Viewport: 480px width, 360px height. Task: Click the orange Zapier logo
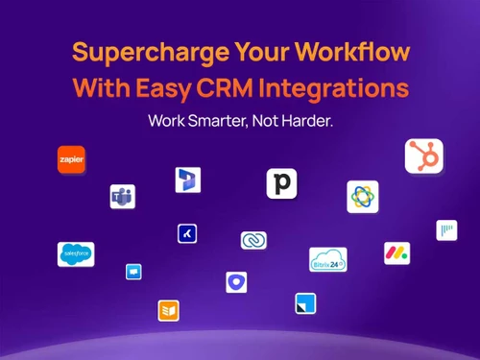pos(71,159)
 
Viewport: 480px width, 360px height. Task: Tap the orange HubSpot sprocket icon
pos(423,156)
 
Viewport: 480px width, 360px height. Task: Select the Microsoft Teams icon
pos(122,197)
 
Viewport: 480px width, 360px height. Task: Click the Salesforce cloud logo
pos(76,253)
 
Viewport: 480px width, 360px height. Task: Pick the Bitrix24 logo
pos(328,259)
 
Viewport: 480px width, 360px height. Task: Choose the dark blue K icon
pos(187,232)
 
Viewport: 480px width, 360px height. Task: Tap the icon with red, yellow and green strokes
pos(396,253)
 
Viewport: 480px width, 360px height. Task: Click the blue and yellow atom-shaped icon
pos(362,196)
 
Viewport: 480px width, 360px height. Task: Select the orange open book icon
pos(170,310)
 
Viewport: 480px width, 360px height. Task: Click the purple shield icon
pos(236,282)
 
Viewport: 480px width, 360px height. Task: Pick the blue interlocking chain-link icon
pos(253,240)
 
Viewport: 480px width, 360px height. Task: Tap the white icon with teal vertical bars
pos(446,229)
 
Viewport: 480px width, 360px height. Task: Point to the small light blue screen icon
pos(133,272)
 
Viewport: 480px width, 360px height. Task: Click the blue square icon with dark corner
pos(305,303)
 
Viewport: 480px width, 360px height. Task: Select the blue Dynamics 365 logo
pos(187,180)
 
